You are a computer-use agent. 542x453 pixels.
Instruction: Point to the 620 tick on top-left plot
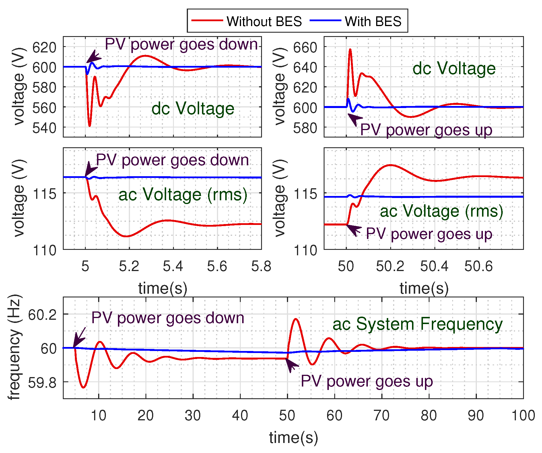click(44, 47)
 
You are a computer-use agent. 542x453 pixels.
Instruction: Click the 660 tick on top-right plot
click(305, 47)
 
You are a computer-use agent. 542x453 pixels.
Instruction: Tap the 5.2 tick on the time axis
click(129, 266)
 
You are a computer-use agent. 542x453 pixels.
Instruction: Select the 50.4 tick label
click(434, 266)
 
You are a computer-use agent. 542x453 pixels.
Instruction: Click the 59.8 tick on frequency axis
click(42, 383)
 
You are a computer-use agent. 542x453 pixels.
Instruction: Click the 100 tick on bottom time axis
click(523, 415)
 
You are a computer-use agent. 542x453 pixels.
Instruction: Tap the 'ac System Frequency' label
click(417, 324)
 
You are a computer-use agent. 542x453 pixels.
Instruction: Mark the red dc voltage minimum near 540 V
click(90, 125)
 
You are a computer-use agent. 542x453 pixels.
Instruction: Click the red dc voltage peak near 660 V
click(350, 49)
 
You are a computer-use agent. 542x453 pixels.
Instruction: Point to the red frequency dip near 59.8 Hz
click(83, 387)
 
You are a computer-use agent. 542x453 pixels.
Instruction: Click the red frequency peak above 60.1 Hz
click(296, 319)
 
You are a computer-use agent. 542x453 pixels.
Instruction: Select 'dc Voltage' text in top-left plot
click(193, 109)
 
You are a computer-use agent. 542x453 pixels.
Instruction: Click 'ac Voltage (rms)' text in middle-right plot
click(441, 211)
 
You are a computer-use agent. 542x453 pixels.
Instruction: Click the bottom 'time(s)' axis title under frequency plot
click(293, 438)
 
